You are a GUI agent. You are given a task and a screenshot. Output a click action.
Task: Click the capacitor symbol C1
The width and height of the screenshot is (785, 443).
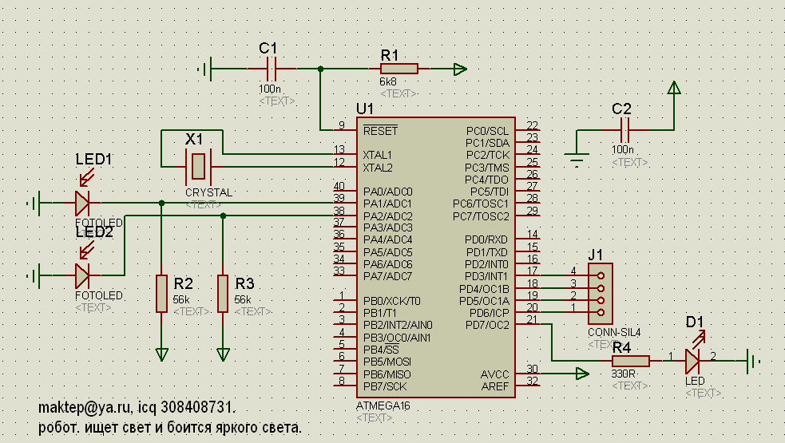pos(270,69)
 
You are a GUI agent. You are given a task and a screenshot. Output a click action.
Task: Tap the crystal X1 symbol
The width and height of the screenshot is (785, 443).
pos(197,167)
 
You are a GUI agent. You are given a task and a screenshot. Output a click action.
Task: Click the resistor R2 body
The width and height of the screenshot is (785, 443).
pos(162,294)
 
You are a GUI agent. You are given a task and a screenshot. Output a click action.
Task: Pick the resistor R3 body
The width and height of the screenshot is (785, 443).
pos(223,294)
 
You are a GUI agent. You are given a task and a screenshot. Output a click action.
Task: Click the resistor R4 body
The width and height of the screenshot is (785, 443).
pos(631,361)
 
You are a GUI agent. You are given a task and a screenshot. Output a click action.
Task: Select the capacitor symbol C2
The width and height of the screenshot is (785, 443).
pos(624,131)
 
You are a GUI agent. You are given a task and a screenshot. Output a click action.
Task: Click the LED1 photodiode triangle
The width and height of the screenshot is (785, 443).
pos(82,204)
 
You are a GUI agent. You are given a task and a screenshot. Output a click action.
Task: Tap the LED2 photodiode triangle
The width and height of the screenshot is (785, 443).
pos(82,276)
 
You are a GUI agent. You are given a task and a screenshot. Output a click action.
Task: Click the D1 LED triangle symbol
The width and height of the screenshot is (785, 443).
pos(692,362)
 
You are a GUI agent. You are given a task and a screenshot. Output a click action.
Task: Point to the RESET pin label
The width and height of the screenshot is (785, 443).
pos(379,130)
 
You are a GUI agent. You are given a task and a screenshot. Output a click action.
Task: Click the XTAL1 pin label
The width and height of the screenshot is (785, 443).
pos(378,154)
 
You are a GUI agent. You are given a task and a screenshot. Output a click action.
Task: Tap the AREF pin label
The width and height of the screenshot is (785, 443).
pos(494,386)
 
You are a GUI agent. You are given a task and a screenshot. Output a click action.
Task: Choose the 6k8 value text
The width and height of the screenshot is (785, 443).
pos(388,82)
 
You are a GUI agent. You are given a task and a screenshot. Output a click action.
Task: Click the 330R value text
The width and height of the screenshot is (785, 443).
pos(624,374)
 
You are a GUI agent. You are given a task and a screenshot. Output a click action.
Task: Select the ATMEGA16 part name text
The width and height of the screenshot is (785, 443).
pos(383,405)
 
